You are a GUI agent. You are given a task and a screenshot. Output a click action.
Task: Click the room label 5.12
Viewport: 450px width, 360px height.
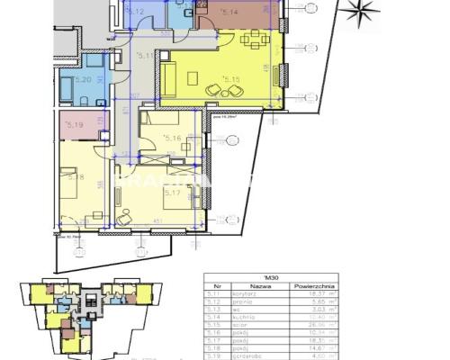pos(137,12)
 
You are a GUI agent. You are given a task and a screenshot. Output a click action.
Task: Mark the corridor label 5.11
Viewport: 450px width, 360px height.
pos(142,56)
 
